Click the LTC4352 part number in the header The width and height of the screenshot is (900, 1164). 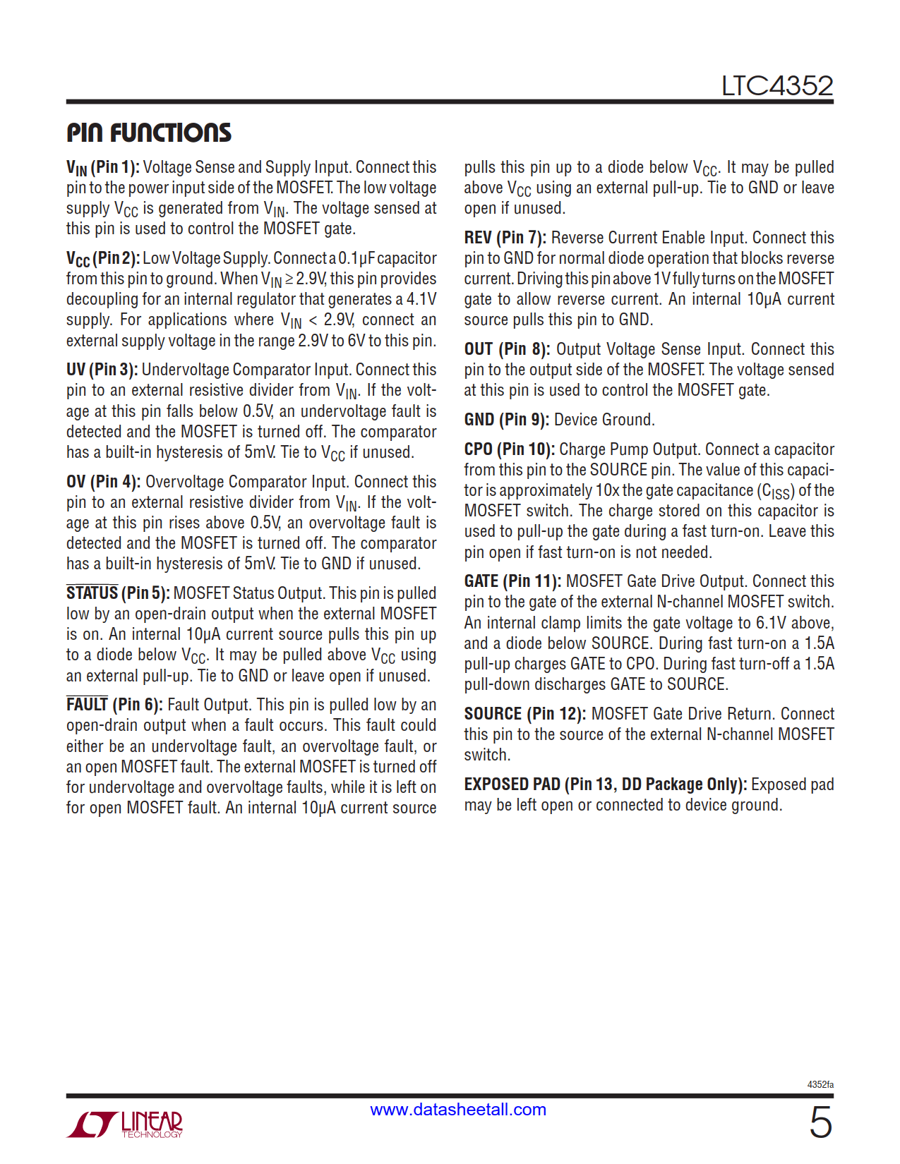point(776,86)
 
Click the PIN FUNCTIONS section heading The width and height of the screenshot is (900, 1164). point(149,133)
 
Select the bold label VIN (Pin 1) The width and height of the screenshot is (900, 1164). point(103,168)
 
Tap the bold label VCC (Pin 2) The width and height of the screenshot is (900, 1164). point(103,259)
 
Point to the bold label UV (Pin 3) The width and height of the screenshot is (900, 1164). point(102,370)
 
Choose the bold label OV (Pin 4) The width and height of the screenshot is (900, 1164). point(103,482)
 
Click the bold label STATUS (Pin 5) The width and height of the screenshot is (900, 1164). point(118,593)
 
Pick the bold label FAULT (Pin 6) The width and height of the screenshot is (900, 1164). point(114,705)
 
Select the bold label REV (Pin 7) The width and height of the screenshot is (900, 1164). point(505,238)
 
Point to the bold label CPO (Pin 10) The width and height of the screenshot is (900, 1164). point(509,449)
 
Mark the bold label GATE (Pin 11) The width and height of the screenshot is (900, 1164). point(512,581)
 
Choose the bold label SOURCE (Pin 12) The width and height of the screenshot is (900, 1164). point(524,714)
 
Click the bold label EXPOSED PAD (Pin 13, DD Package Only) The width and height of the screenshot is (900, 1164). point(605,784)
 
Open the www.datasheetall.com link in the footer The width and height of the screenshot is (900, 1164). point(458,1110)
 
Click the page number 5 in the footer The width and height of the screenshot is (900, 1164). point(820,1122)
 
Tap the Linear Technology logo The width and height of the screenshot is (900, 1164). point(125,1124)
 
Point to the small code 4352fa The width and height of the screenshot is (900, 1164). point(820,1084)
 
